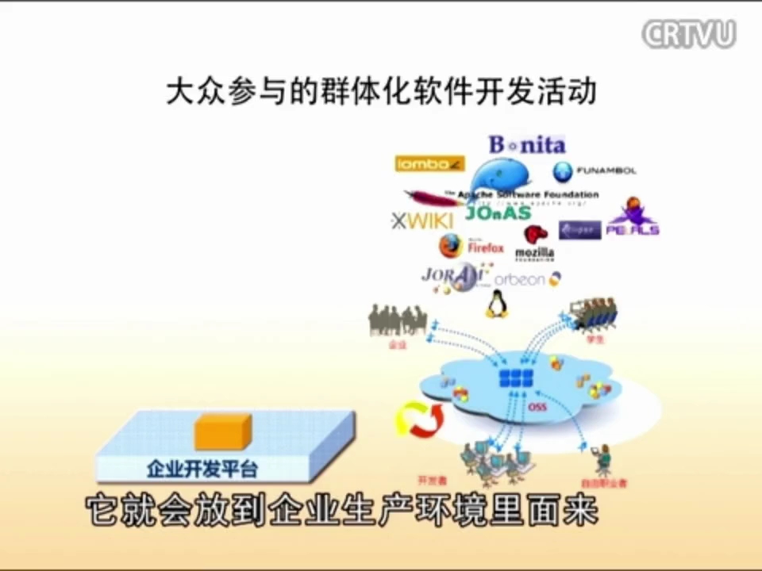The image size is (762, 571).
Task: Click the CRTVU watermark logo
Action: tap(688, 34)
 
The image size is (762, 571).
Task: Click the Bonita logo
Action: tap(526, 145)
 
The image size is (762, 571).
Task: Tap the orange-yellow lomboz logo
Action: tap(429, 164)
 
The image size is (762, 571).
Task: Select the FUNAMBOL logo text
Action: tap(605, 171)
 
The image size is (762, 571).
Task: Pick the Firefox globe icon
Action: tap(450, 247)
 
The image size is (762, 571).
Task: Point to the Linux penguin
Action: tap(497, 304)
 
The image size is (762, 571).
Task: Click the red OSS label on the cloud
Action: tap(537, 408)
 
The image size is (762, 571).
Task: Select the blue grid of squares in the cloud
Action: tap(518, 378)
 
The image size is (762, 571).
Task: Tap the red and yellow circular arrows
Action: tap(418, 420)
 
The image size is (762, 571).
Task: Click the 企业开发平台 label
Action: tap(202, 469)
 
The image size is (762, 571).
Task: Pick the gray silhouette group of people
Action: tap(398, 320)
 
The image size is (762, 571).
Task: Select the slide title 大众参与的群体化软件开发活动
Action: tap(381, 91)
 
